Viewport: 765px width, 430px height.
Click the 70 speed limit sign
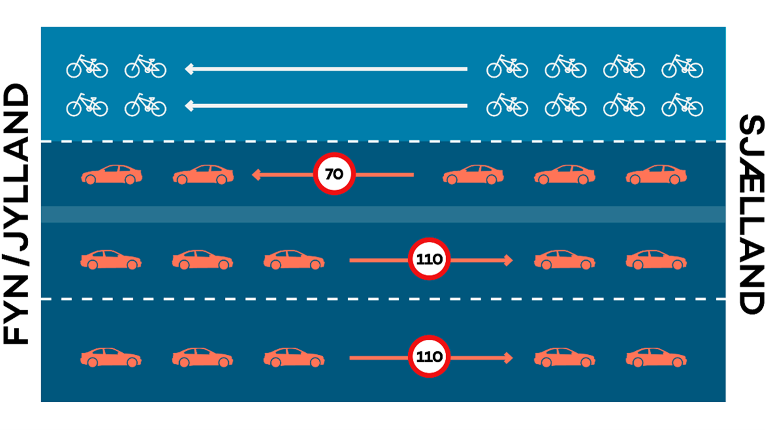click(x=334, y=174)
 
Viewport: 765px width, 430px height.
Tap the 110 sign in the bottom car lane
click(x=429, y=357)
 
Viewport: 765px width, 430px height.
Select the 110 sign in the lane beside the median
click(x=429, y=259)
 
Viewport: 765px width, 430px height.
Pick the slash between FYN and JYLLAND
click(x=16, y=259)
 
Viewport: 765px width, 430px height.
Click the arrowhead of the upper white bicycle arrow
click(x=189, y=69)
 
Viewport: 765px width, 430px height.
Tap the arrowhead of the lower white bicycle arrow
click(x=189, y=106)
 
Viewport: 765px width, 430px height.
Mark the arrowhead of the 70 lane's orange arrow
click(x=257, y=175)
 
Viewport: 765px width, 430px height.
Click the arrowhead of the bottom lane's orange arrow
click(x=508, y=358)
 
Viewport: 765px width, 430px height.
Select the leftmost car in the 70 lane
click(x=112, y=174)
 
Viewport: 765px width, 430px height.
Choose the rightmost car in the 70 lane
click(x=656, y=174)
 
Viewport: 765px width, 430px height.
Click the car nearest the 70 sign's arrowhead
click(x=203, y=174)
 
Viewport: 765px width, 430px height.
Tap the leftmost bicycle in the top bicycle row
click(x=87, y=67)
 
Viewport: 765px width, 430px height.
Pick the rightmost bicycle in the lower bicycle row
click(x=682, y=105)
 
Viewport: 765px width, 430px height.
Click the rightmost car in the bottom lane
click(x=656, y=357)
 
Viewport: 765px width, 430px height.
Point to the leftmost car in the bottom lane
click(x=111, y=357)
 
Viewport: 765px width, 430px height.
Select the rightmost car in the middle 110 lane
click(x=656, y=260)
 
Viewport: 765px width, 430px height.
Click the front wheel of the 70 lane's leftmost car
click(x=91, y=180)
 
